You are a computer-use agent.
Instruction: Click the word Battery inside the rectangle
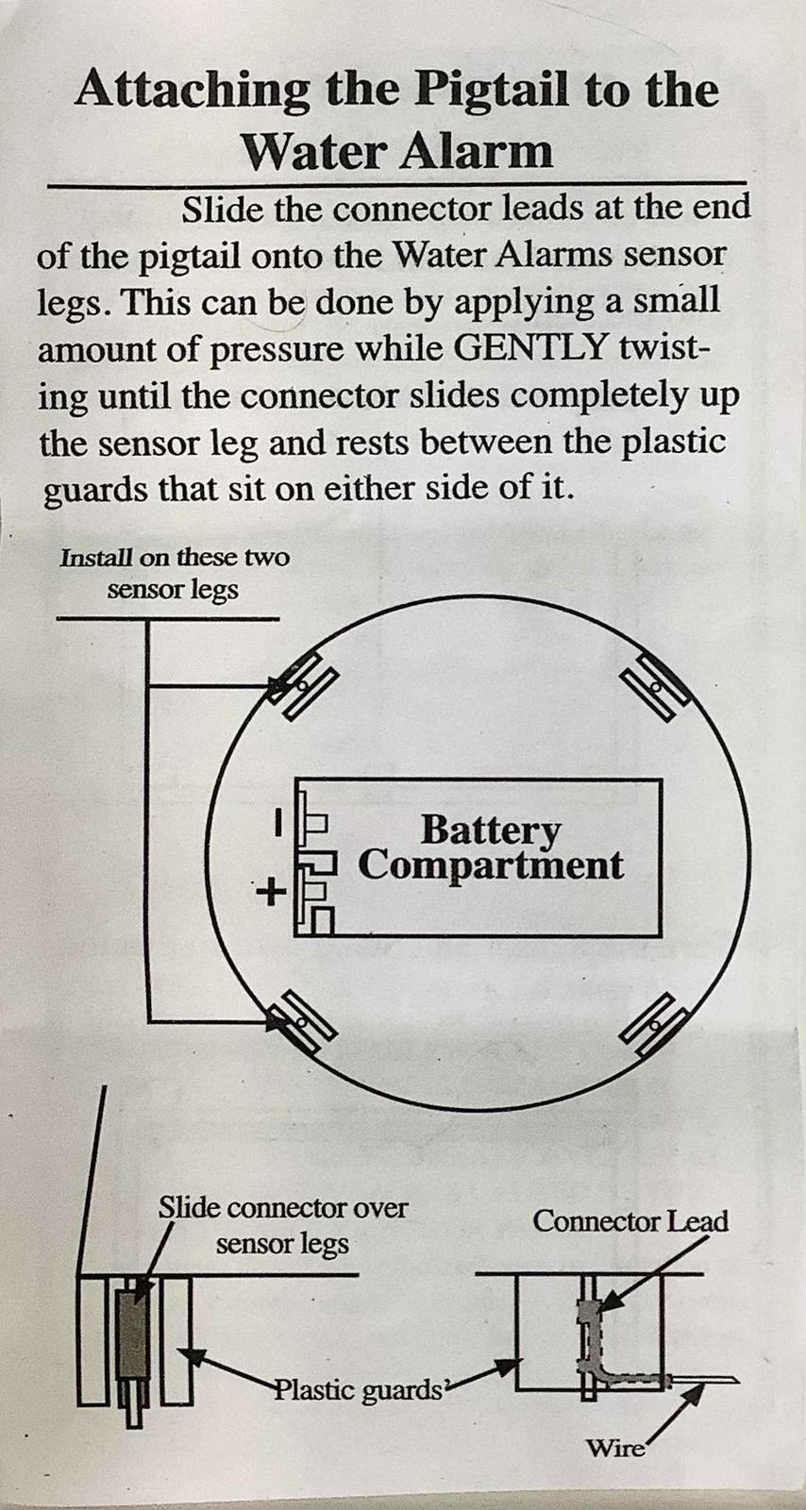click(490, 830)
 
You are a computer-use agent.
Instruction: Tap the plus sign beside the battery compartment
click(270, 893)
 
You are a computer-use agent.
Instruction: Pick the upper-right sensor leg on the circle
click(653, 686)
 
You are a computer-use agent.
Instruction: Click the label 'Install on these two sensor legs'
click(175, 574)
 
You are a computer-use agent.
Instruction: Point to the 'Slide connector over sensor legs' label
click(283, 1226)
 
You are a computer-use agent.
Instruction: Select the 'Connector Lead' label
click(630, 1221)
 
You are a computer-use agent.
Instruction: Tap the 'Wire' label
click(614, 1448)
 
